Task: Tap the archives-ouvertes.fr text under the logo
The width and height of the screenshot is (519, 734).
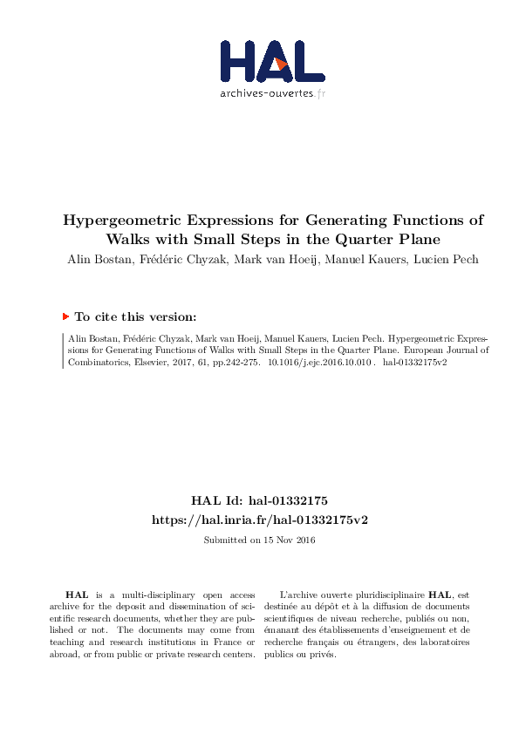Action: tap(272, 93)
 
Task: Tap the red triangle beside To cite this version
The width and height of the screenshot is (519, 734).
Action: tap(65, 317)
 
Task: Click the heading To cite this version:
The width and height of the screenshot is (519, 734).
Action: tap(135, 317)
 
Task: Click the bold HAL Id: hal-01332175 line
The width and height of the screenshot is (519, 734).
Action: tap(259, 501)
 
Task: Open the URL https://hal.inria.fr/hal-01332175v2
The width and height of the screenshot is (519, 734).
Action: tap(259, 519)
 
